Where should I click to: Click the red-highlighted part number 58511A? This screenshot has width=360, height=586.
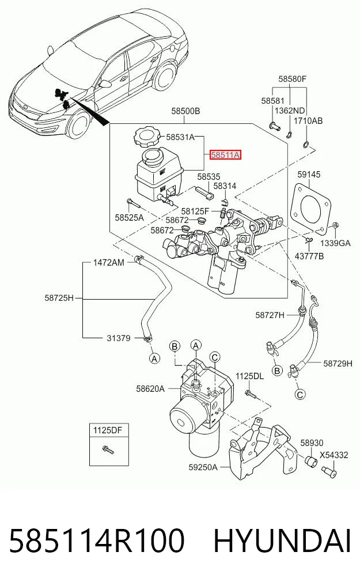click(226, 154)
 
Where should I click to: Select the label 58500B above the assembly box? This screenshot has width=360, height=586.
click(185, 111)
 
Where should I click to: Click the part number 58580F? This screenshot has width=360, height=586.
click(293, 79)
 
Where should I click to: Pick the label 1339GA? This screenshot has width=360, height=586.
click(335, 243)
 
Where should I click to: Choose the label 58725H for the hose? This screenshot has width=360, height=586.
click(59, 298)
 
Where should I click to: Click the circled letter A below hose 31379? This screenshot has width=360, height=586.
click(154, 358)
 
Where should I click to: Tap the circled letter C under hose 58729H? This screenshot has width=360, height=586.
click(300, 394)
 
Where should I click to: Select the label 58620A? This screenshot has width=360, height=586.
click(150, 389)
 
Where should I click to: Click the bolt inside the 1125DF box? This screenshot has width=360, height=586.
click(109, 450)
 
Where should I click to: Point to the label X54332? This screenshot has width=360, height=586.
click(334, 455)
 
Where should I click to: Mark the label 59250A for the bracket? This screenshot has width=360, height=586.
click(203, 467)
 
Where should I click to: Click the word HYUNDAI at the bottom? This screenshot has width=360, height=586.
click(282, 540)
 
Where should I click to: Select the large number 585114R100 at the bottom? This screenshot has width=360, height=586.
click(97, 540)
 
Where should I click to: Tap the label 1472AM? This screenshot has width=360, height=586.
click(109, 263)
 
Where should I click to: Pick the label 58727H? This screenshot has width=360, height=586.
click(270, 315)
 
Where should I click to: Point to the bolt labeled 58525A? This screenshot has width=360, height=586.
click(132, 203)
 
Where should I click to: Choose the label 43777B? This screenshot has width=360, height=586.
click(309, 256)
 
